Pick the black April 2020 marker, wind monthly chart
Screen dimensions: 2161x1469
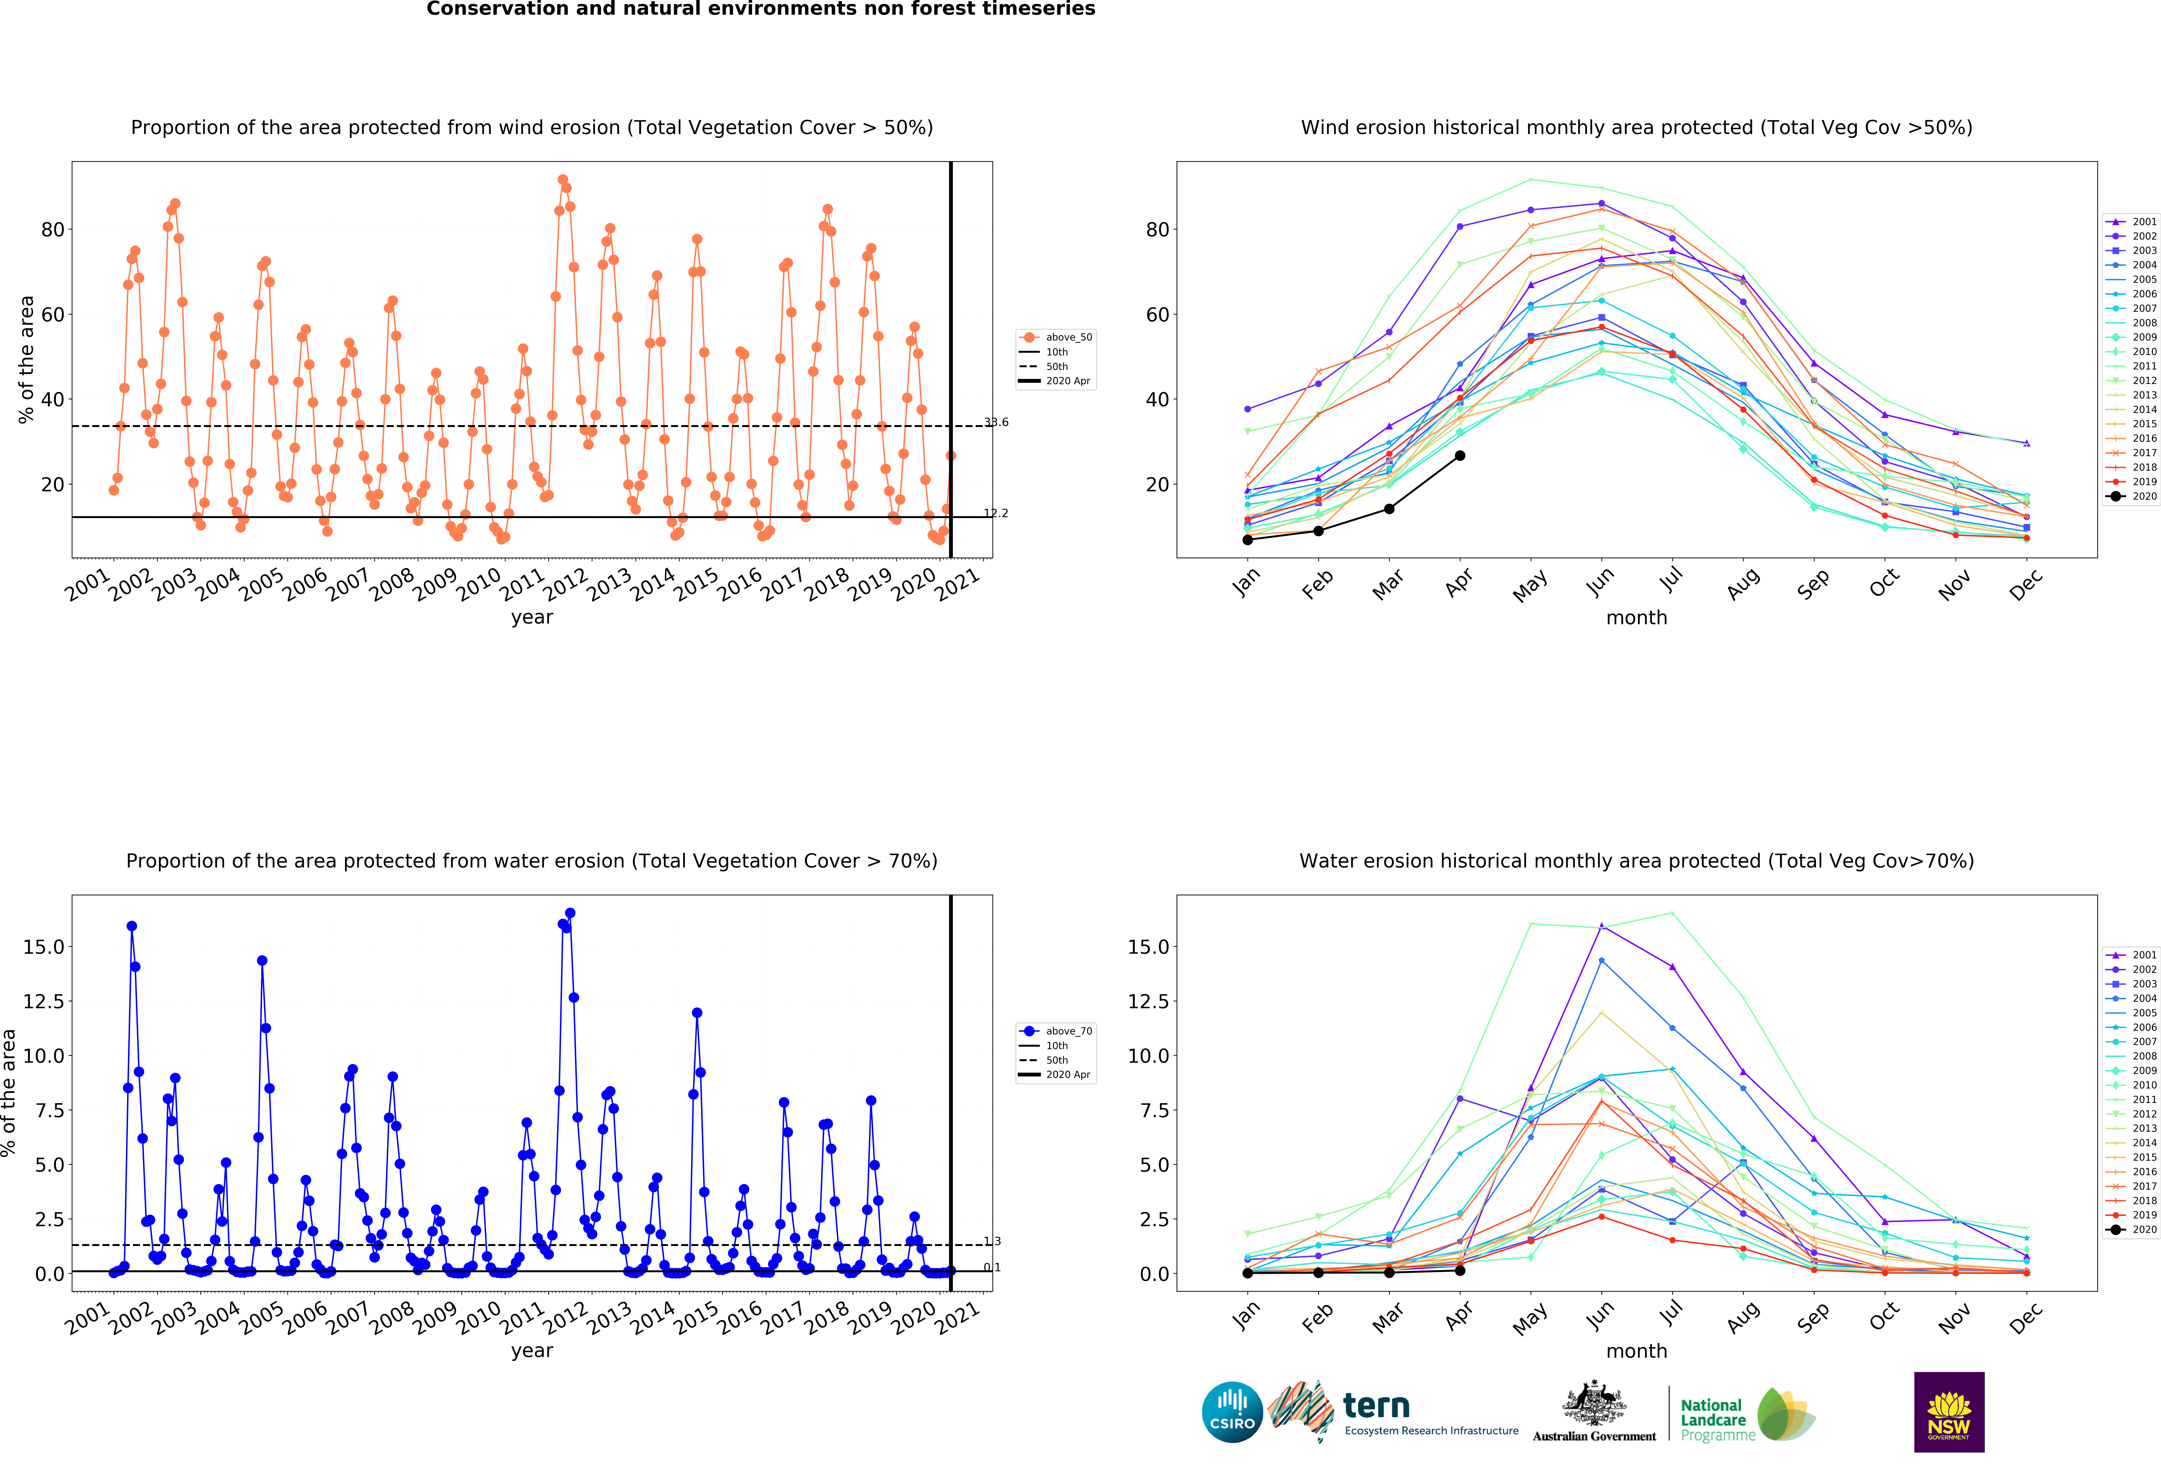tap(1460, 455)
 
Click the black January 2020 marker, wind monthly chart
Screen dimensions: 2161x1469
tap(1248, 539)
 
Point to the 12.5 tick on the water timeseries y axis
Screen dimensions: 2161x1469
tap(44, 1001)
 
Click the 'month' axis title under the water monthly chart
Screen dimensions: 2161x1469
tap(1637, 1351)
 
